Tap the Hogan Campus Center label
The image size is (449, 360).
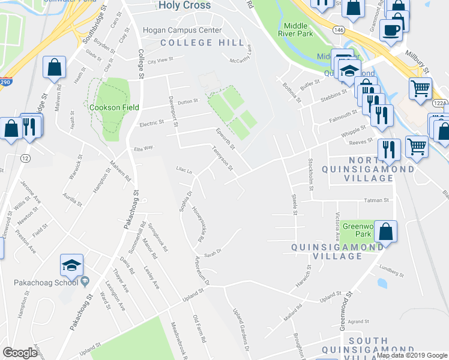point(182,30)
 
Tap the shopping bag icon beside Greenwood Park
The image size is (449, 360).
point(387,232)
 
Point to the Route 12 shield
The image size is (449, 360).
point(25,158)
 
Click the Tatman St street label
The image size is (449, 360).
point(377,200)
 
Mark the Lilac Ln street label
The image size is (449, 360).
point(184,171)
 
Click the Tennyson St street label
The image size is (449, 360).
point(223,159)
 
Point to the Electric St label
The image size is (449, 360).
point(151,123)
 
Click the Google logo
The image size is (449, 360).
point(19,353)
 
